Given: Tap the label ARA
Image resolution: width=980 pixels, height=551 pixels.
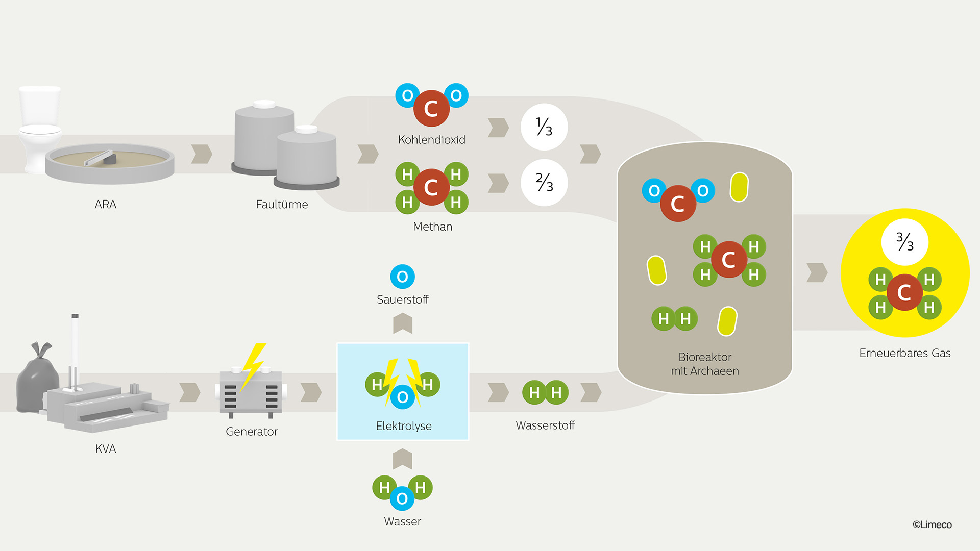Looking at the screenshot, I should click(x=106, y=205).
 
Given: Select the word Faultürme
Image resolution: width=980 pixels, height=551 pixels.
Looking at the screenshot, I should click(x=282, y=205).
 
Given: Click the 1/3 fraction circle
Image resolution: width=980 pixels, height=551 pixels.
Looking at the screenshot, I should click(x=544, y=127).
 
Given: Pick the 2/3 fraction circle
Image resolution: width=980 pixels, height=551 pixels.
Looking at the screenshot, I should click(x=544, y=183).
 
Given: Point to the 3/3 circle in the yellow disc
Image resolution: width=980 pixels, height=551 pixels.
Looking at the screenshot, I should click(x=904, y=242).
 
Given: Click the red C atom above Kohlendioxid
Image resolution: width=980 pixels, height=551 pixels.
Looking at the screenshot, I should click(x=431, y=109).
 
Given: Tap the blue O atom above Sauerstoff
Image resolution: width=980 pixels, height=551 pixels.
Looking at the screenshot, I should click(x=402, y=277).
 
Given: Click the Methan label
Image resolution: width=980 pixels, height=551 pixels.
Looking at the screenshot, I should click(x=432, y=227).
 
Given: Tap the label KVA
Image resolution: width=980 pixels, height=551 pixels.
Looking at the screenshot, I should click(x=106, y=449).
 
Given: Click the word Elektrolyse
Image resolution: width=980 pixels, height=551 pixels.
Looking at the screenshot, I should click(x=403, y=426).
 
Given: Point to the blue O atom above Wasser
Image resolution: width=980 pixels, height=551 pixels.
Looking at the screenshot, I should click(x=402, y=498).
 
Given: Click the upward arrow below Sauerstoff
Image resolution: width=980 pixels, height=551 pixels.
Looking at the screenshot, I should click(x=403, y=323).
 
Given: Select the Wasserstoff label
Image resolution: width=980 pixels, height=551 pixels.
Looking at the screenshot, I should click(x=545, y=425).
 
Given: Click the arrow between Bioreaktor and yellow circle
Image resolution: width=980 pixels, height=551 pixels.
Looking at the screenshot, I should click(x=817, y=272).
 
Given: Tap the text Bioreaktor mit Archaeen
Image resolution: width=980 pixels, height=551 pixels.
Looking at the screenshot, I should click(x=705, y=364).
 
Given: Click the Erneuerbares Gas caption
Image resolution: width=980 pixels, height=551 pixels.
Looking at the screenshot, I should click(x=904, y=353).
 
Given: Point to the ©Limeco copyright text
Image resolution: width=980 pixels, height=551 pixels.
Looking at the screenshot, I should click(x=932, y=524).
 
